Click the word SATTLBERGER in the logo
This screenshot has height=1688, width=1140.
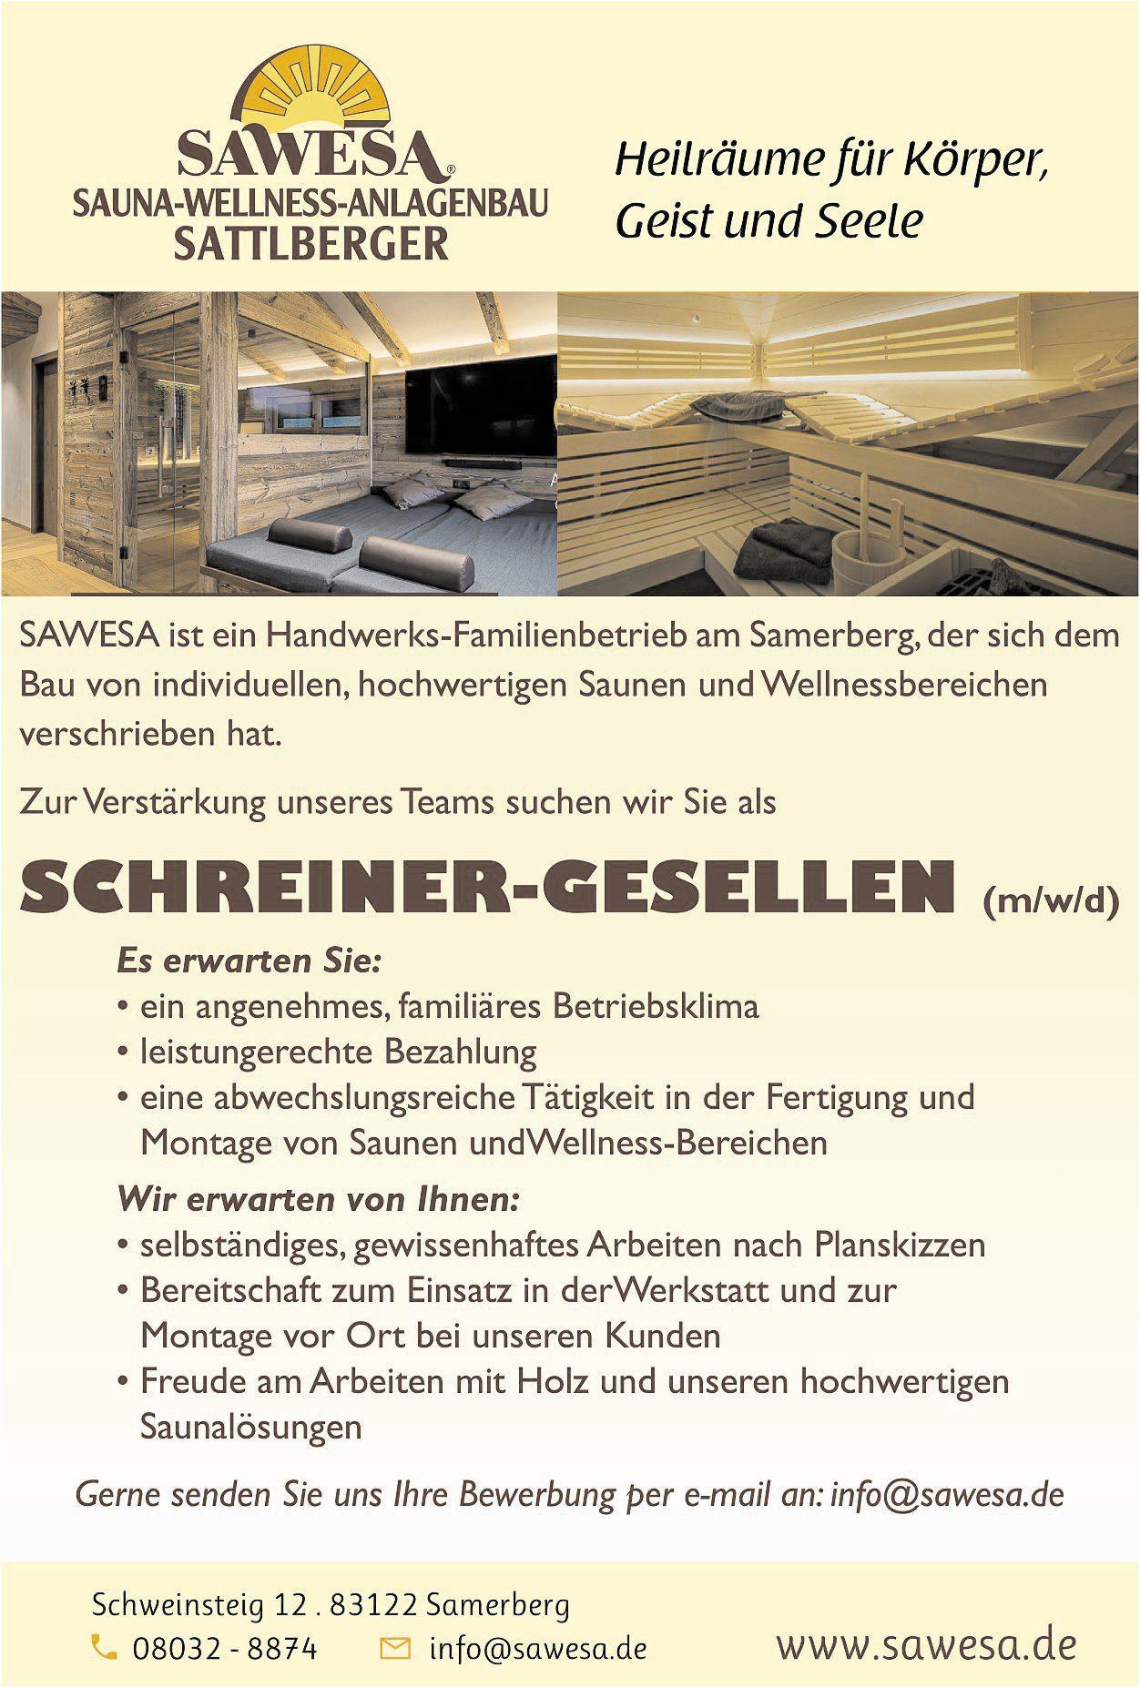pyautogui.click(x=311, y=244)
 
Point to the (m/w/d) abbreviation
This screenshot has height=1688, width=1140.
pyautogui.click(x=1051, y=900)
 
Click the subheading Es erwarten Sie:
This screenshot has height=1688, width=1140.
pyautogui.click(x=249, y=961)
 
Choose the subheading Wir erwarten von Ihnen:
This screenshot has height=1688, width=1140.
pyautogui.click(x=318, y=1198)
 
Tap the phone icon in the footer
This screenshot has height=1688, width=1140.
pyautogui.click(x=105, y=1646)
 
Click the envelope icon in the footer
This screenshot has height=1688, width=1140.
pyautogui.click(x=394, y=1647)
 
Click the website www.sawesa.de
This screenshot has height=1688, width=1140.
pyautogui.click(x=926, y=1644)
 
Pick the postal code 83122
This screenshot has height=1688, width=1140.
pyautogui.click(x=373, y=1604)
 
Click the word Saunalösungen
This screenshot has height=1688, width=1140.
pyautogui.click(x=251, y=1427)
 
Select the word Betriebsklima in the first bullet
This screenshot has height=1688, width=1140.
pyautogui.click(x=656, y=1006)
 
